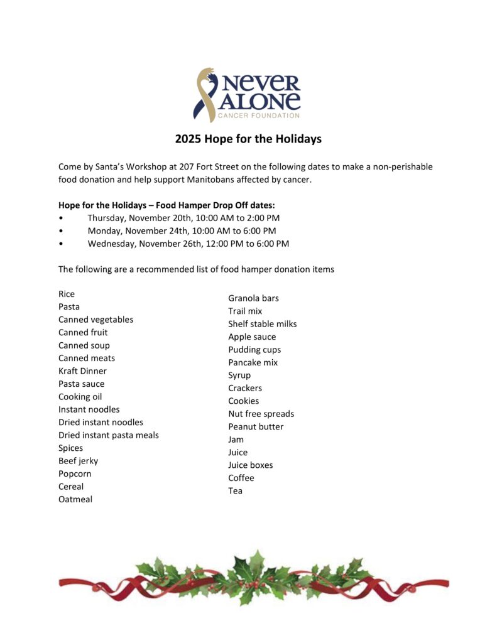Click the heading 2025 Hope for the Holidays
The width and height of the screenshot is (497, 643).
[x=248, y=139]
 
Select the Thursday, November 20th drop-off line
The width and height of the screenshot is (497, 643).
[x=183, y=218]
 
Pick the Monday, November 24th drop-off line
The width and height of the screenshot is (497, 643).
[x=182, y=230]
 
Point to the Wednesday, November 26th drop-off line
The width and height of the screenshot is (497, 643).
[x=188, y=244]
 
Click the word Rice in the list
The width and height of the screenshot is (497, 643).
[x=67, y=294]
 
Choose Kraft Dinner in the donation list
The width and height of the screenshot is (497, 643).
[x=82, y=371]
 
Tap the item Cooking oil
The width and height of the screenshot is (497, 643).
[x=80, y=397]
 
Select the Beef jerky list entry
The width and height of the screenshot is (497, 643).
[x=78, y=461]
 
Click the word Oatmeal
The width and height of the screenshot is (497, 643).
[x=75, y=499]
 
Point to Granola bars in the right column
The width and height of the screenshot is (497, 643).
[x=253, y=298]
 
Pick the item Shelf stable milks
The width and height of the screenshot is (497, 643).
[x=262, y=324]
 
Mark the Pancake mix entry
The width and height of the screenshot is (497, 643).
[x=253, y=362]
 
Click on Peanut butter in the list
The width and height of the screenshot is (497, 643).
[x=256, y=426]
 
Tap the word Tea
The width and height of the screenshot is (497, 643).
[x=235, y=490]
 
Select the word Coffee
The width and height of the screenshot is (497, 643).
[x=241, y=478]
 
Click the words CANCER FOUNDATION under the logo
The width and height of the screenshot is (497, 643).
[x=258, y=116]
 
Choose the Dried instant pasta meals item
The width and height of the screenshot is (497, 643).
[x=109, y=435]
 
